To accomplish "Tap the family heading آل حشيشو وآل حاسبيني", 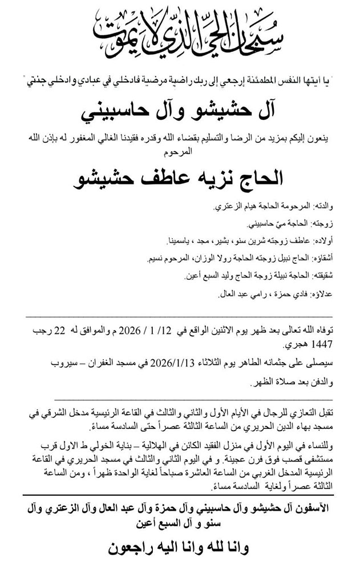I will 181,110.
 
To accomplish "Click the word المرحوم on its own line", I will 181,154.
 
